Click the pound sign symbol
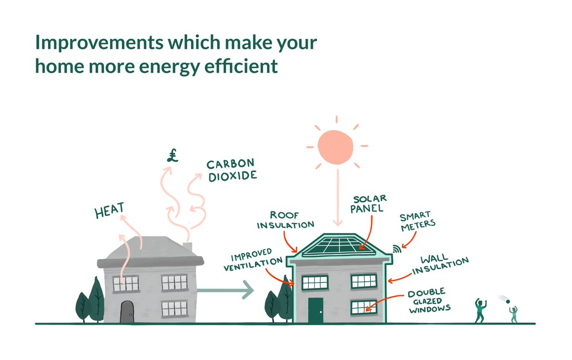pyautogui.click(x=172, y=156)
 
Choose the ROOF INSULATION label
pyautogui.click(x=286, y=220)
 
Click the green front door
pyautogui.click(x=315, y=310)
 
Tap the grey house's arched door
pyautogui.click(x=127, y=312)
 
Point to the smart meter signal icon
pyautogui.click(x=396, y=248)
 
